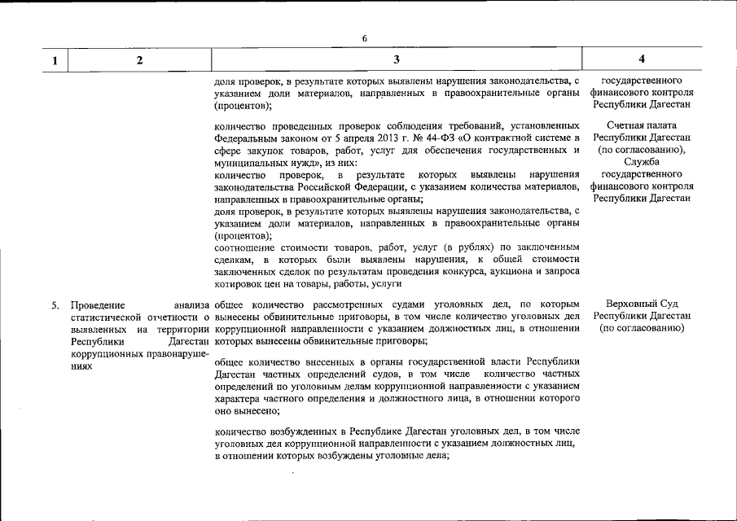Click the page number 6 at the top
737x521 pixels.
pyautogui.click(x=364, y=38)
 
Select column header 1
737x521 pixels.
pyautogui.click(x=55, y=59)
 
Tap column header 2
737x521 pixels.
pyautogui.click(x=139, y=59)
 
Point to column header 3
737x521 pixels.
pyautogui.click(x=396, y=59)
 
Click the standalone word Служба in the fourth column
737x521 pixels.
pyautogui.click(x=642, y=162)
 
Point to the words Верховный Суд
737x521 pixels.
pyautogui.click(x=642, y=304)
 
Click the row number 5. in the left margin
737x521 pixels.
pyautogui.click(x=56, y=304)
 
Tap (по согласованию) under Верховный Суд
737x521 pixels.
pyautogui.click(x=642, y=328)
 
